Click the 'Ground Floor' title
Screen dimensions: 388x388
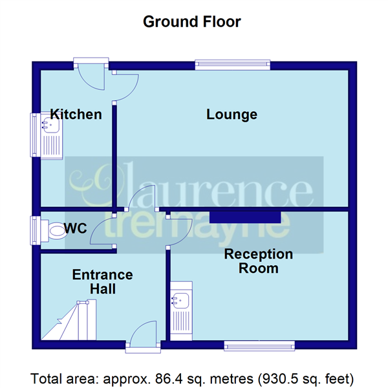(191, 21)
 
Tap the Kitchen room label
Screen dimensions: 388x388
(76, 114)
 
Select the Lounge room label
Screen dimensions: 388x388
(232, 114)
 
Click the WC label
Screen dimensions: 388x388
(76, 228)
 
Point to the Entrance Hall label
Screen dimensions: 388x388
(102, 282)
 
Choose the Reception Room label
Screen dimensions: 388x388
(259, 261)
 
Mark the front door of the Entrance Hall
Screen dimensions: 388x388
(140, 339)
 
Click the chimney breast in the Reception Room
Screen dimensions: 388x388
(243, 216)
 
